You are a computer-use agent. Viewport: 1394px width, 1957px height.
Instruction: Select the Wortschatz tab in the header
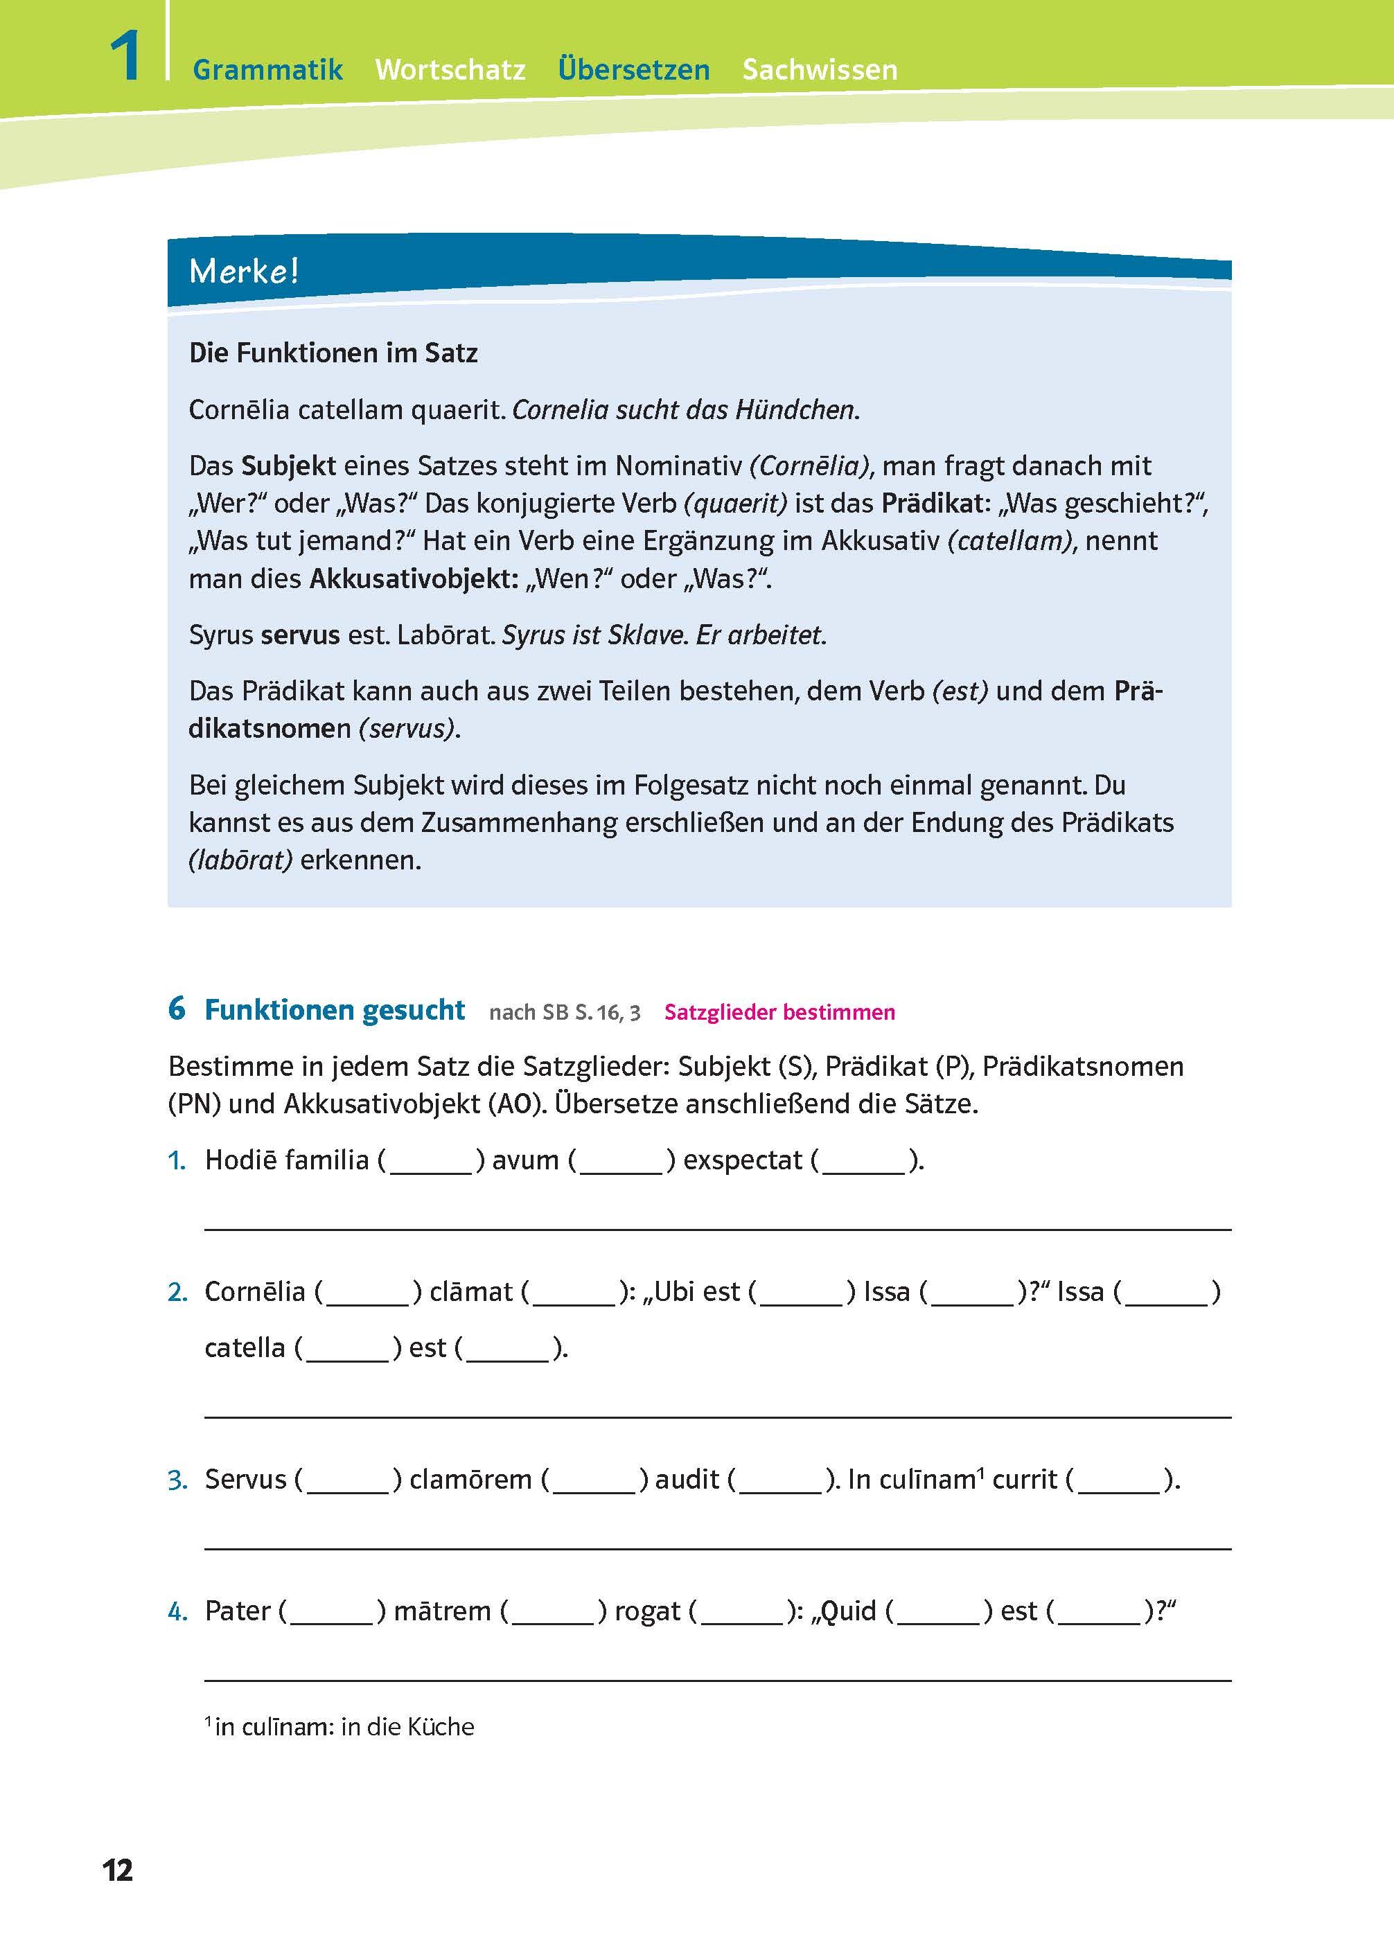[x=450, y=69]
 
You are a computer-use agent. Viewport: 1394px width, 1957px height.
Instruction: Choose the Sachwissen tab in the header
[x=820, y=69]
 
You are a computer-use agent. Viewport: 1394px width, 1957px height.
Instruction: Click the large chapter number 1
[x=125, y=57]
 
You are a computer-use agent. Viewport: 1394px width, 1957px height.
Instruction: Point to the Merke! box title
[x=244, y=272]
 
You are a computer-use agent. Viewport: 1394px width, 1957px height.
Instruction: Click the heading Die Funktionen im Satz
[x=333, y=353]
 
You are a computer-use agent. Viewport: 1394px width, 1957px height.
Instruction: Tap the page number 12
[x=118, y=1870]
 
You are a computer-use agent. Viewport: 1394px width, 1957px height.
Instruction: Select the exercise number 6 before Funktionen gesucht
[x=177, y=1009]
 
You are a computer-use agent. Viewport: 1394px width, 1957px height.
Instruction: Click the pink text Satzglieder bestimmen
[x=779, y=1012]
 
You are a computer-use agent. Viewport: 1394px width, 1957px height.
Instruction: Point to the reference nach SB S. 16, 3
[x=564, y=1013]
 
